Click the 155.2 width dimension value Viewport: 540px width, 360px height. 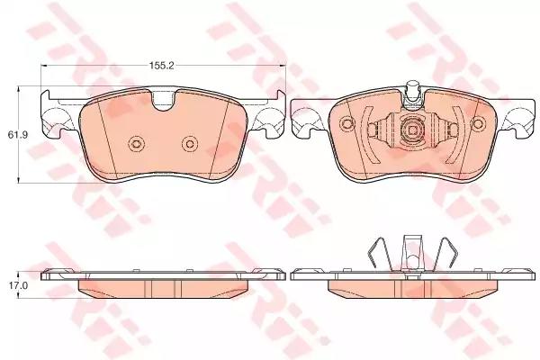tap(161, 66)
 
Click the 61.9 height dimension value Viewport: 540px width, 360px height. tap(18, 135)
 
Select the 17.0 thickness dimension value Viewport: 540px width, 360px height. tap(17, 285)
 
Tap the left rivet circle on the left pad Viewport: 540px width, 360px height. tap(135, 144)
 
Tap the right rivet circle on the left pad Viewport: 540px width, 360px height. tap(189, 144)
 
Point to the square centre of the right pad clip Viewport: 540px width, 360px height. tap(412, 130)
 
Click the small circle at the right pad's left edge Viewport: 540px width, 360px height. tap(346, 123)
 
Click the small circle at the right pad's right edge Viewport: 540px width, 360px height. tap(478, 123)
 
